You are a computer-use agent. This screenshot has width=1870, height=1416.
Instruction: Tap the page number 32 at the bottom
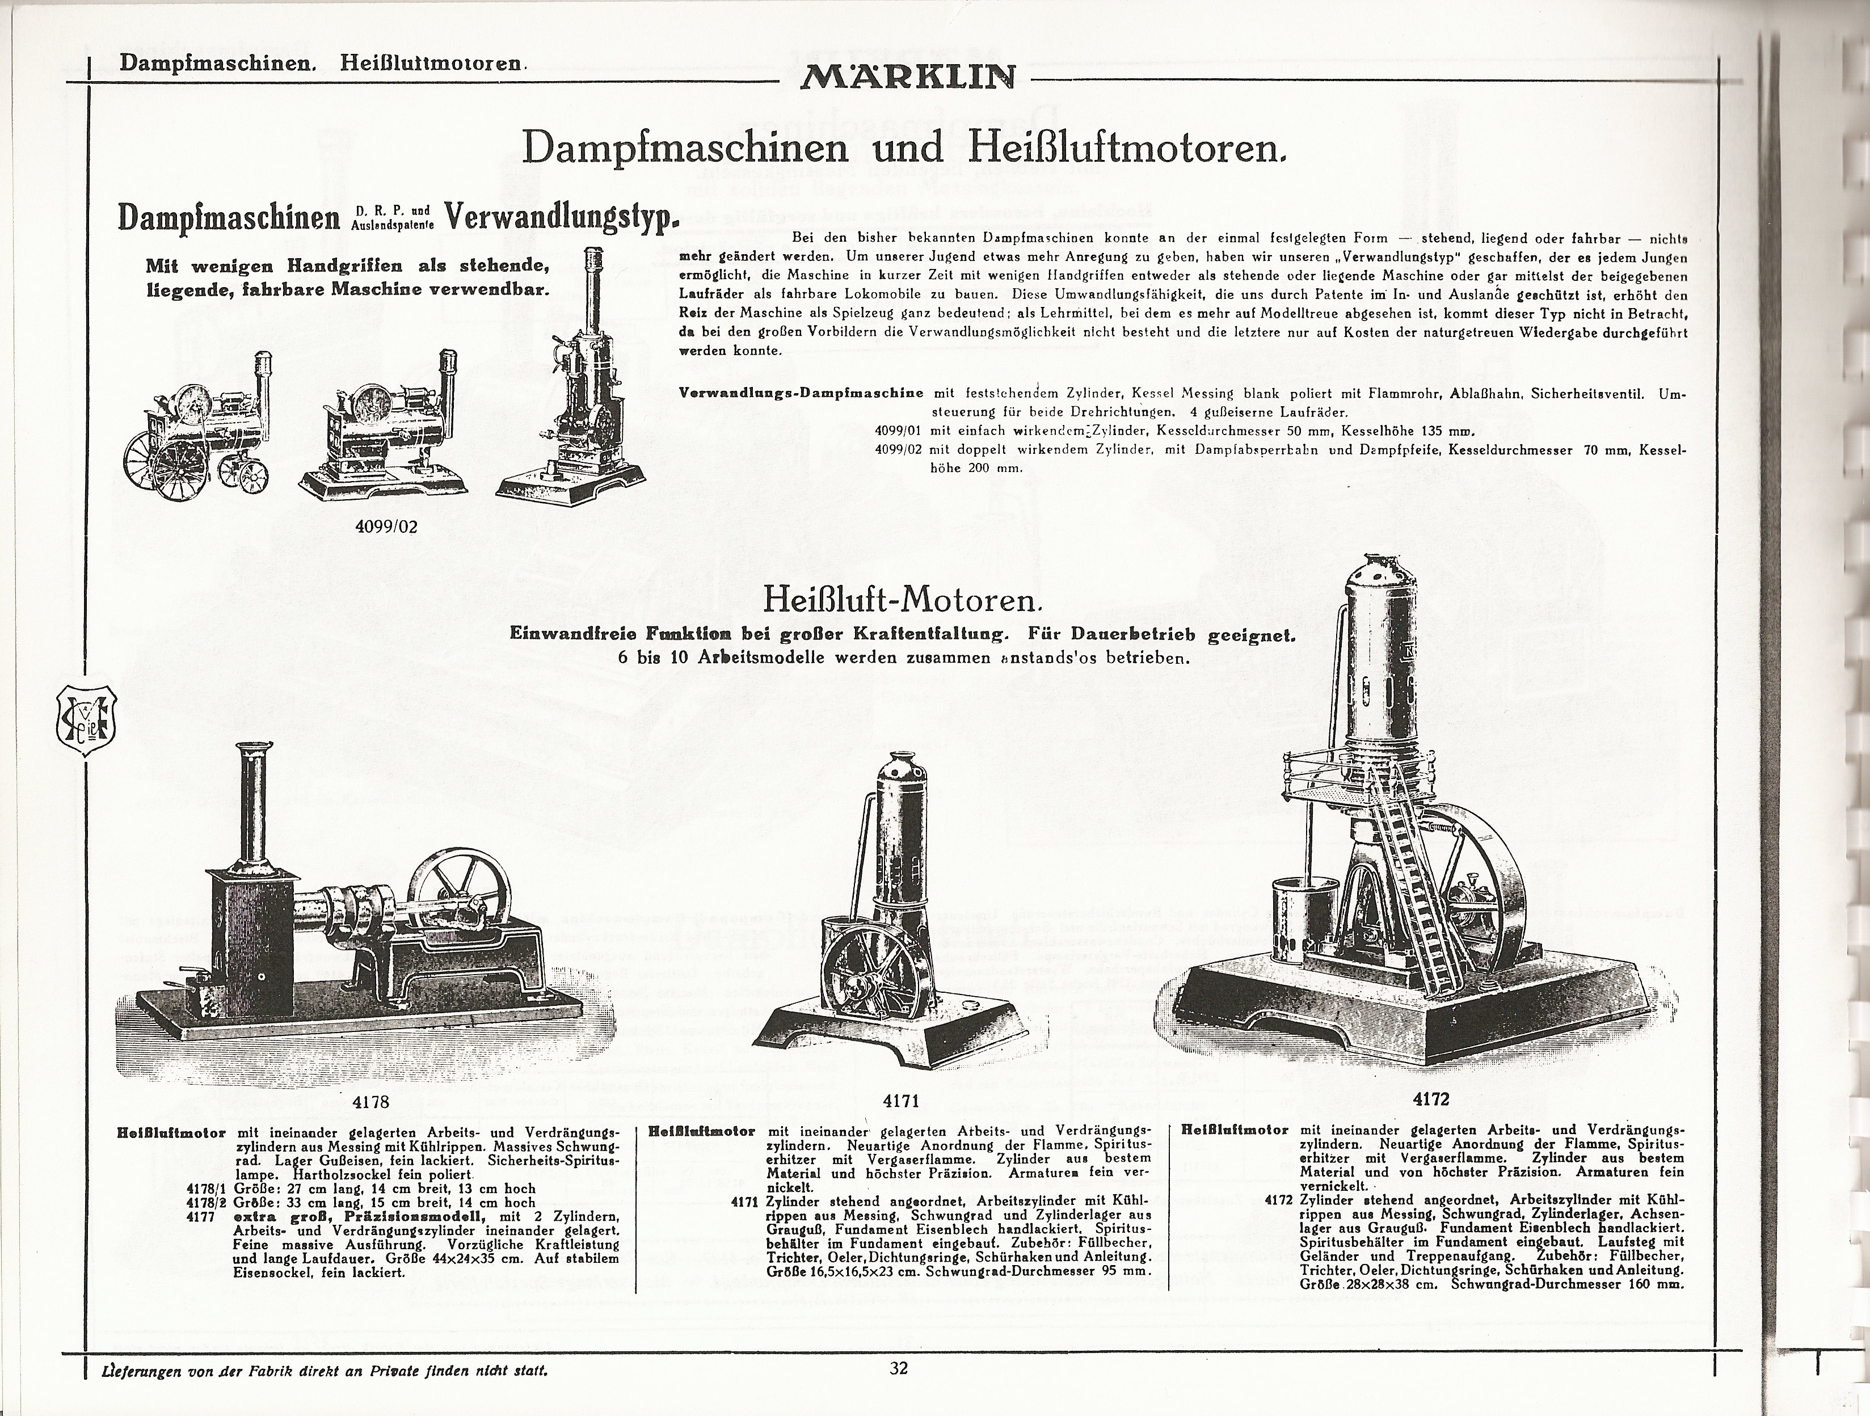click(899, 1367)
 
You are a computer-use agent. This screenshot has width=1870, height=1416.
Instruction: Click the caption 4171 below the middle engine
click(900, 1101)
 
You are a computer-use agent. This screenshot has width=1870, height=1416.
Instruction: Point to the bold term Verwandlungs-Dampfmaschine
click(801, 394)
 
